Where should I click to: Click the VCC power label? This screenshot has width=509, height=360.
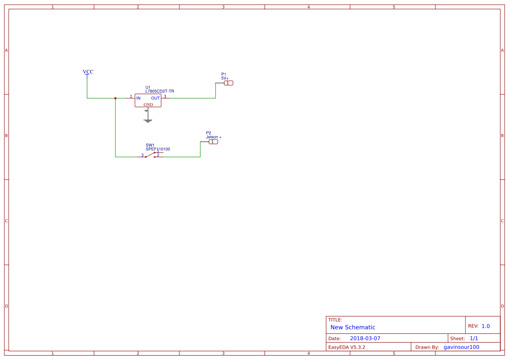coord(88,72)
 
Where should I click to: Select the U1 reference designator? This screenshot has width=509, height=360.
coord(148,87)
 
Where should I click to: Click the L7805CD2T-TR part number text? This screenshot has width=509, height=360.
coord(160,91)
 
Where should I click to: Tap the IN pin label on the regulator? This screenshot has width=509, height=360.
coord(138,98)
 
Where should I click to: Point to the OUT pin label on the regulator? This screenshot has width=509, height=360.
coord(155,98)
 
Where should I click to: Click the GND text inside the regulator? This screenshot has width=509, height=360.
coord(148,105)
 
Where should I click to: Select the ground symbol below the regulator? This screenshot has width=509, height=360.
coord(148,121)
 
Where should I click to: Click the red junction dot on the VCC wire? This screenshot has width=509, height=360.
coord(115,98)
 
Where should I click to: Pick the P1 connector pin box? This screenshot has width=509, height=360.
coord(229,83)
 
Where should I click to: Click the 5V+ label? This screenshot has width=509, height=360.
coord(225,78)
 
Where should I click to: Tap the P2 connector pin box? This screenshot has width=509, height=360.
coord(213,142)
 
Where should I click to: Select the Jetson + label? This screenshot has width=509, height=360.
coord(213,137)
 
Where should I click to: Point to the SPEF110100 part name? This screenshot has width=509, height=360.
coord(158,149)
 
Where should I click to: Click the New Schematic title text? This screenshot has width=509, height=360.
coord(353,327)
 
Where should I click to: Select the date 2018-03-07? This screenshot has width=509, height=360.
coord(365,338)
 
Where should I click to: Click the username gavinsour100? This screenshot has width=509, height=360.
coord(461,347)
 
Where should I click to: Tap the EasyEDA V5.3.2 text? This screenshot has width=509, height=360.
coord(347,347)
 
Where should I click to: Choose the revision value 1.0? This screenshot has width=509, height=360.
coord(485,326)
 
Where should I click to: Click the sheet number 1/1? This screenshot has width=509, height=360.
coord(474,338)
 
